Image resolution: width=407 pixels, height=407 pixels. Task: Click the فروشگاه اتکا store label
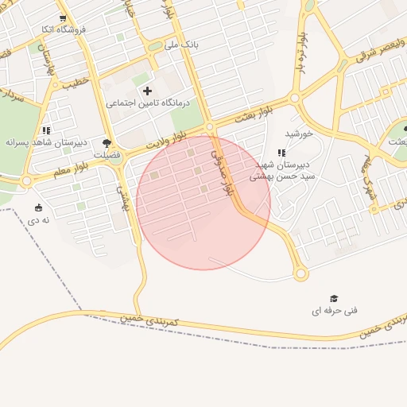pyautogui.click(x=62, y=29)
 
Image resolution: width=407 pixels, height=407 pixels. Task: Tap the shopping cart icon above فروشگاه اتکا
pyautogui.click(x=63, y=17)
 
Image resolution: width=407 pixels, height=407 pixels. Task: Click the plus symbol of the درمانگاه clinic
pyautogui.click(x=147, y=91)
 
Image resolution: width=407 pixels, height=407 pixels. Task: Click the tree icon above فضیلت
pyautogui.click(x=107, y=143)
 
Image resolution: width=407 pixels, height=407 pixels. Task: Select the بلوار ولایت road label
pyautogui.click(x=171, y=141)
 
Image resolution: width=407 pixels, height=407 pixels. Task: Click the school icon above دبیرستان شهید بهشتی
pyautogui.click(x=281, y=153)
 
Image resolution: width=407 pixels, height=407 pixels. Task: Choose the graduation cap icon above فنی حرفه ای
pyautogui.click(x=334, y=298)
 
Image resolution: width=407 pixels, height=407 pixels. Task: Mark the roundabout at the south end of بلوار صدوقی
pyautogui.click(x=300, y=274)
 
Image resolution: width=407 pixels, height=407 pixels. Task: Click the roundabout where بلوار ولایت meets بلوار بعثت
pyautogui.click(x=210, y=127)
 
